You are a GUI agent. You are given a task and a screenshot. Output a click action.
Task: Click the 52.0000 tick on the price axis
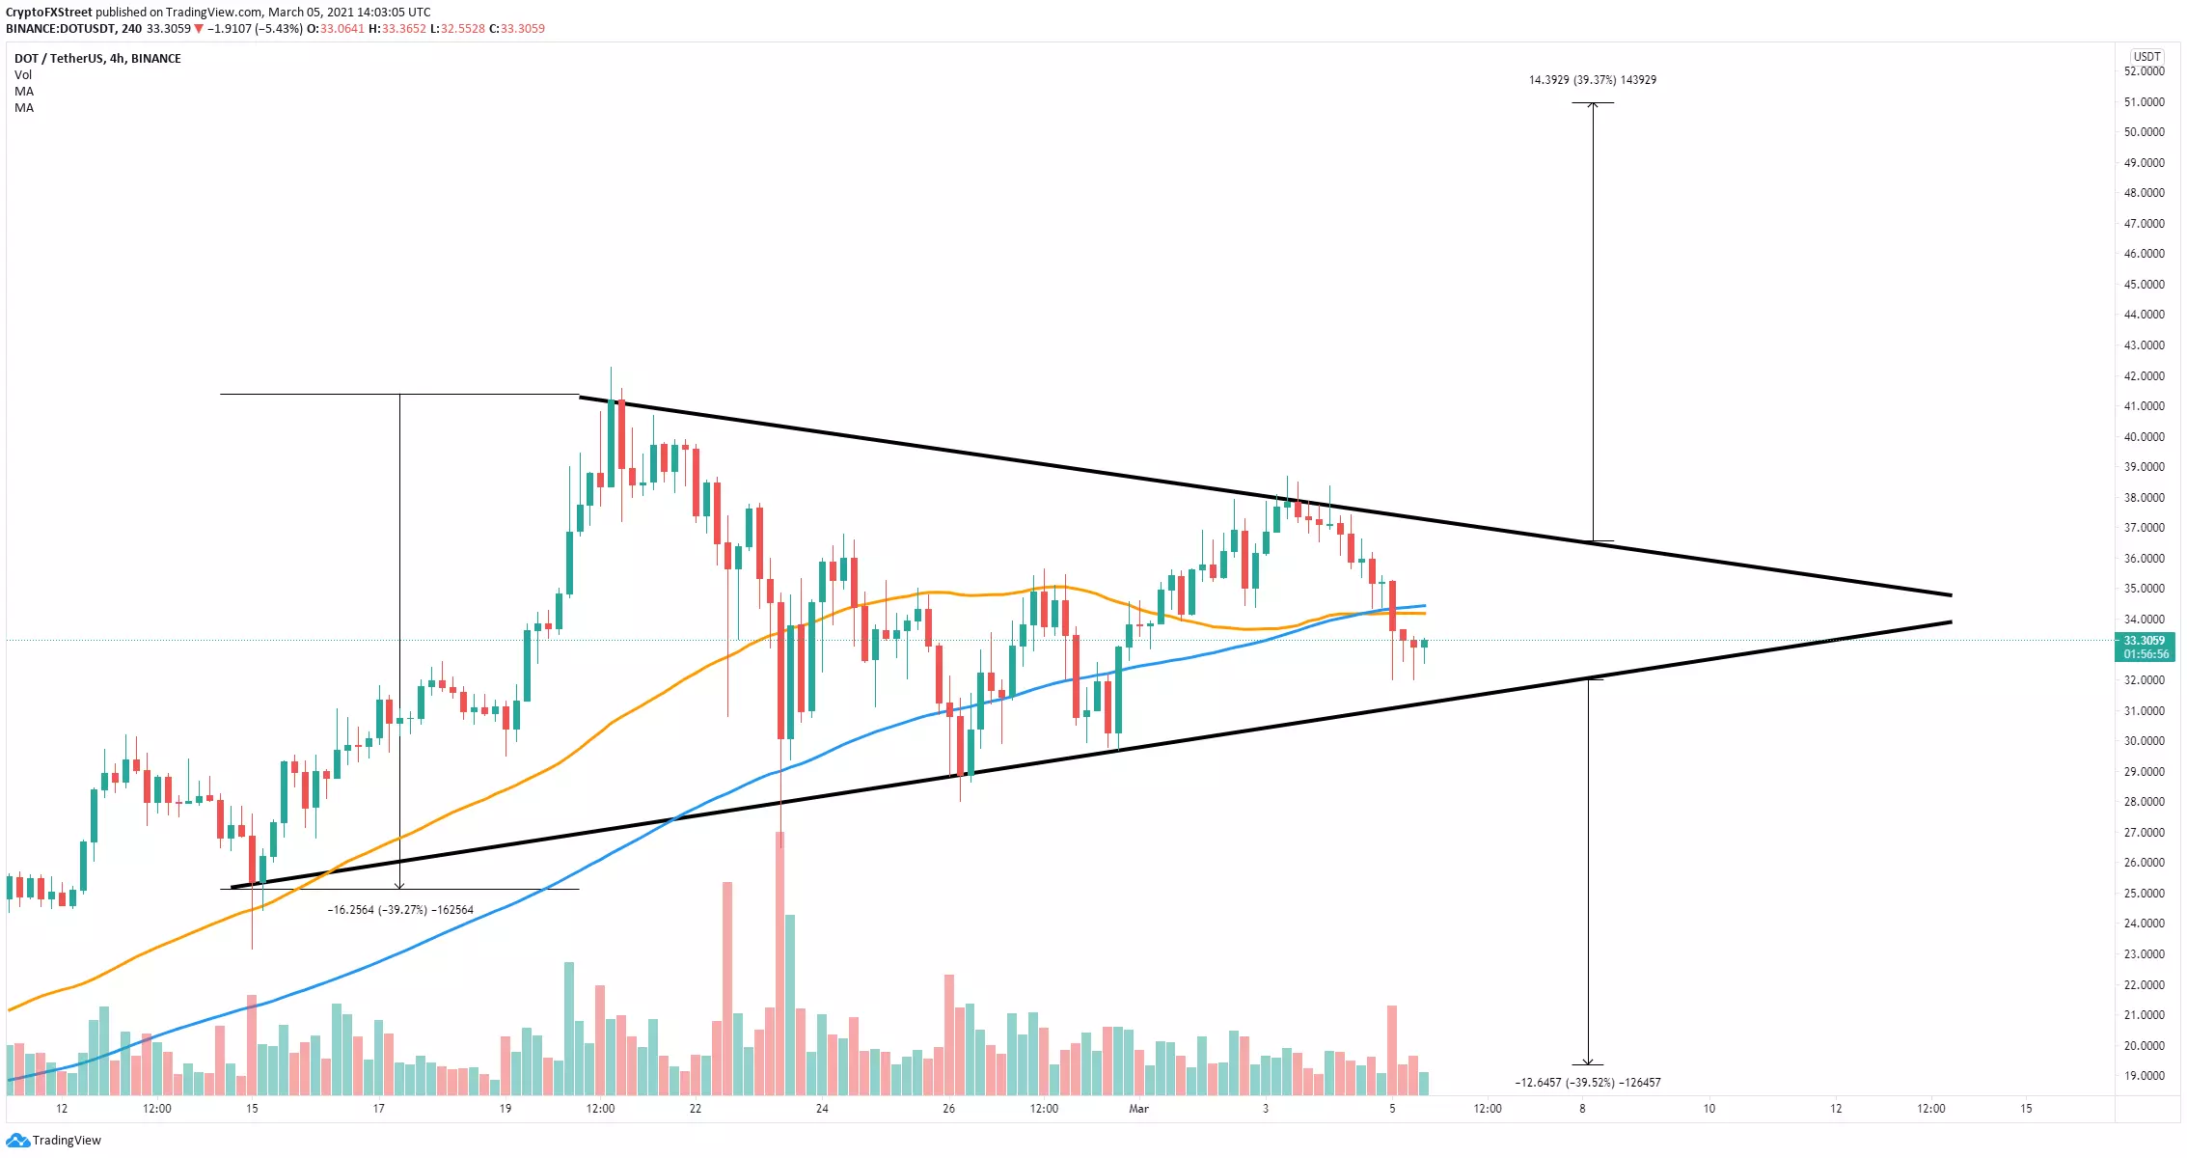pos(2144,71)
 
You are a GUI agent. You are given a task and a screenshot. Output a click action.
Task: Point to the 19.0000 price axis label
pos(2144,1076)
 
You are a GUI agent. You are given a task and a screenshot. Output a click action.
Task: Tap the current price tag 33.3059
pos(2144,641)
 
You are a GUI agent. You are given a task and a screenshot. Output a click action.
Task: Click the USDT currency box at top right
pos(2146,57)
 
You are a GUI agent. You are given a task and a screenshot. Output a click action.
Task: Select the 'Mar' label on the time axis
pos(1138,1109)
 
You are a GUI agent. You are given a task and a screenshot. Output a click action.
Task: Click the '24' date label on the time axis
pos(822,1109)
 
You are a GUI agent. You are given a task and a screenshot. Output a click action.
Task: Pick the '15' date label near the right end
pos(2026,1109)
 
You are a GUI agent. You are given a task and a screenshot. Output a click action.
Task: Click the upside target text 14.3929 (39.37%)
pos(1592,80)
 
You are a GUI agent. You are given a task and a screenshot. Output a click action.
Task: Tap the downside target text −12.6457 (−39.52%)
pos(1587,1083)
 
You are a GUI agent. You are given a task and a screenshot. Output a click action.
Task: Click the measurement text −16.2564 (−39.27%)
pos(400,910)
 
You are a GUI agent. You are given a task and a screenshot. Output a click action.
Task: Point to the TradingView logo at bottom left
pos(54,1141)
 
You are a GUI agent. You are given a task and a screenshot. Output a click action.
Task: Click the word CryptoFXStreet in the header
pos(49,13)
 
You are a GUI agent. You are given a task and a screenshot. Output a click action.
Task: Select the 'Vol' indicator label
pos(23,75)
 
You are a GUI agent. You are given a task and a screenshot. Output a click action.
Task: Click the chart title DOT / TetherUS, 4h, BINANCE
pos(97,59)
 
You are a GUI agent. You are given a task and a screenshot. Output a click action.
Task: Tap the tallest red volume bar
pos(780,965)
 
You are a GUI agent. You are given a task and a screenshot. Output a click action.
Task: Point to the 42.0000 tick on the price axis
pos(2144,376)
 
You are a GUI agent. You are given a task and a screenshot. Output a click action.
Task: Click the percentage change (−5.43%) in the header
pos(278,29)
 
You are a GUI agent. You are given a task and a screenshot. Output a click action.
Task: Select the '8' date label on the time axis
pos(1582,1109)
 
